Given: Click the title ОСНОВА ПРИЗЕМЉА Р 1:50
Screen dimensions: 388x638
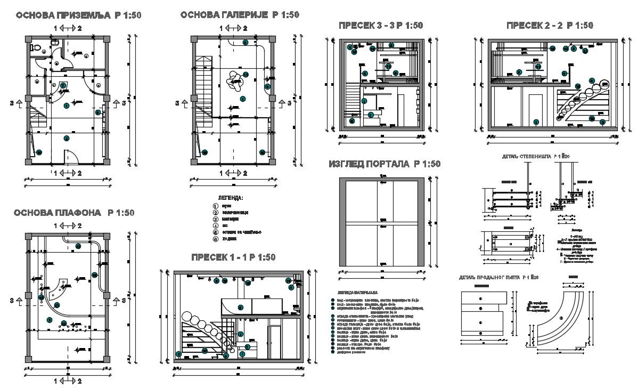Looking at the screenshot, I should pos(78,15).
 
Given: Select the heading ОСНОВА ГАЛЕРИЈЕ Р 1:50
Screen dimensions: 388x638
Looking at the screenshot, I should pos(240,15).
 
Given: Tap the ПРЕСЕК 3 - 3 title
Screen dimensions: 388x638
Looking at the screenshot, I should pos(381,26).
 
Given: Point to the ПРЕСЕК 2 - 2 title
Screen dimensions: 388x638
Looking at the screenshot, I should pos(550,26).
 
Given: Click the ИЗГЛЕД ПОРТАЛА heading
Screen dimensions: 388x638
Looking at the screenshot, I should pos(385,164).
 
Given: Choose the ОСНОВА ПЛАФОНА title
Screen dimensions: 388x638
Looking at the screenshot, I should pos(74,213).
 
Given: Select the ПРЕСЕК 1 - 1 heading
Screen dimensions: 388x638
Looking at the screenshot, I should pos(233,257).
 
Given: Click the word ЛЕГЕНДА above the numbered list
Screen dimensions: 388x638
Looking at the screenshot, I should pos(231,198).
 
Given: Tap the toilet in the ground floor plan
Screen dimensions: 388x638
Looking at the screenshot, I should pos(37,48).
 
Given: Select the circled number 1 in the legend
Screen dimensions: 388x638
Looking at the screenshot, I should pos(216,205).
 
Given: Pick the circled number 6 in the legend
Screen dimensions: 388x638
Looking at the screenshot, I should pos(216,240).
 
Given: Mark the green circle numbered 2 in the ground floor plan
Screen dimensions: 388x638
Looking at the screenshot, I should pos(67,139).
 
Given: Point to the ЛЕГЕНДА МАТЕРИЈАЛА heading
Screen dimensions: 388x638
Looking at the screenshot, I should pos(357,293).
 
